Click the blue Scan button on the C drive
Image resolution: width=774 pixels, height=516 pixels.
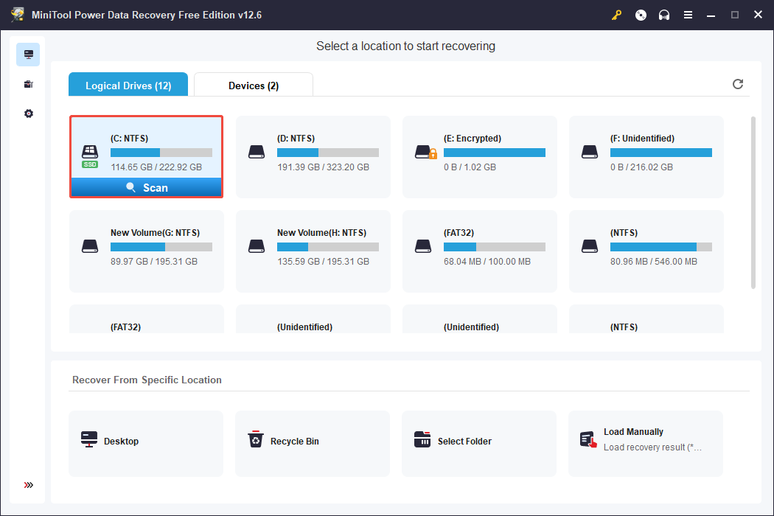pos(146,188)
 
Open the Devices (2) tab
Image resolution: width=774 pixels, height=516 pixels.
pos(253,86)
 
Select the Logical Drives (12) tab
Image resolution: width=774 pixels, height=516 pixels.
pos(128,86)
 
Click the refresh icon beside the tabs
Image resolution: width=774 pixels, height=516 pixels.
pos(737,84)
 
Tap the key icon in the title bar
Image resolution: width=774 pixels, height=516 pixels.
pos(617,15)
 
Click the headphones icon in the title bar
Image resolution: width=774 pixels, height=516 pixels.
pos(664,15)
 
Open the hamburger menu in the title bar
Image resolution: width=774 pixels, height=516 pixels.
pos(688,15)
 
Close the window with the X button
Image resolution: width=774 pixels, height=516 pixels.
pos(757,15)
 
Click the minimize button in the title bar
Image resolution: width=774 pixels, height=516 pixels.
pos(712,15)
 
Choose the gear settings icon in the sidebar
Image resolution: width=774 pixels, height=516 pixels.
pos(29,114)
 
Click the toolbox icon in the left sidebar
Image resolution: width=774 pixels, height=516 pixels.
pos(29,84)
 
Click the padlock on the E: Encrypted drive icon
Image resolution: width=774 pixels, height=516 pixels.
pos(433,154)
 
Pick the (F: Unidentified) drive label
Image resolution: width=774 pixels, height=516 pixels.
pos(642,138)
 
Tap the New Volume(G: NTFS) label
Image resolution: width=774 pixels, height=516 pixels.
pos(155,232)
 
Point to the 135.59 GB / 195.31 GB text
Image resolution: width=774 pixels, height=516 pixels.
pos(323,262)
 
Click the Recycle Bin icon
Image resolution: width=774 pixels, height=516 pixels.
pos(255,440)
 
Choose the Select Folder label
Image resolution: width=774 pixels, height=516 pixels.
pos(464,442)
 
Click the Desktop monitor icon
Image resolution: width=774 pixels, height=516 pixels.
pos(89,440)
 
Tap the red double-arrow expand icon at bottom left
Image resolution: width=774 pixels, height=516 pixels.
pos(29,485)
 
